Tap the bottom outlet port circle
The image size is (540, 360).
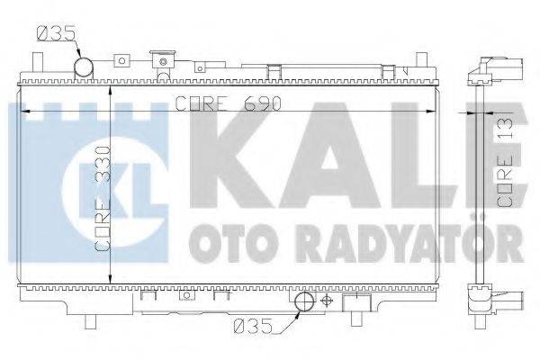(303, 302)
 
